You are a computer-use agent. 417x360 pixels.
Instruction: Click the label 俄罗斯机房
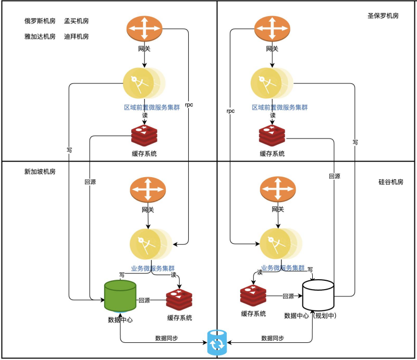click(x=40, y=21)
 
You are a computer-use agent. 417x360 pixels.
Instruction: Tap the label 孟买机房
click(x=76, y=21)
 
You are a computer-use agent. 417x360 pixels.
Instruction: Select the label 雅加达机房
click(x=40, y=36)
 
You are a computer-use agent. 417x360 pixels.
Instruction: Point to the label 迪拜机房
click(x=76, y=36)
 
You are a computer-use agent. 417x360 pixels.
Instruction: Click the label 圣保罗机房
click(x=383, y=16)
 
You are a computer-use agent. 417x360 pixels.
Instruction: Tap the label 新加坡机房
click(x=40, y=171)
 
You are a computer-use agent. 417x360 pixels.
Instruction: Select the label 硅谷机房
click(x=390, y=182)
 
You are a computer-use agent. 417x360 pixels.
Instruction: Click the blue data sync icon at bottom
click(x=216, y=342)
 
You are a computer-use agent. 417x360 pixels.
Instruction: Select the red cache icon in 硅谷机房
click(x=253, y=296)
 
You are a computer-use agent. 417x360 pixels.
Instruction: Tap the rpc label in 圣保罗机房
click(x=230, y=111)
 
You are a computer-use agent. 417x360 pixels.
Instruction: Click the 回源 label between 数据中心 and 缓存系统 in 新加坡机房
click(x=144, y=301)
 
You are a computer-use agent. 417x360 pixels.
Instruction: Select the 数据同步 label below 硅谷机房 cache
click(x=273, y=338)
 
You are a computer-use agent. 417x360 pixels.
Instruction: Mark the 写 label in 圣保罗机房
click(x=355, y=142)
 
